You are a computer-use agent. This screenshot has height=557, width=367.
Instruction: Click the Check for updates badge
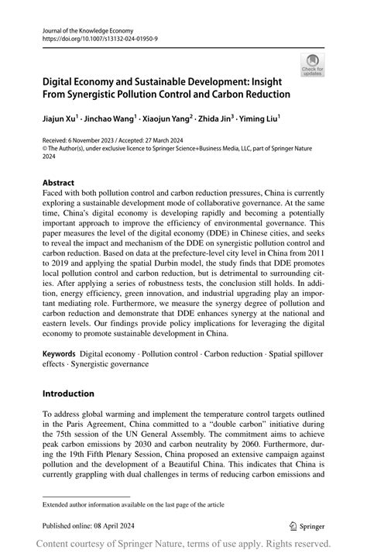314,64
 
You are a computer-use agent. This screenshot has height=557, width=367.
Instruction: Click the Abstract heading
59,184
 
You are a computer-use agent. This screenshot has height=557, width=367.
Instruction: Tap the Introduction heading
68,394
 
